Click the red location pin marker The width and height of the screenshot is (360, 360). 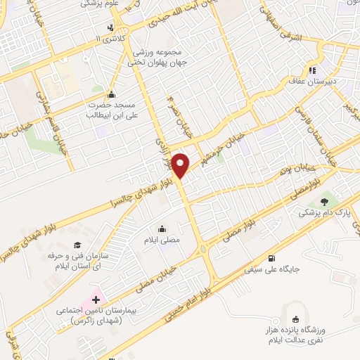coord(181,165)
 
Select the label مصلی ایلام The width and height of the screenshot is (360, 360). coord(164,240)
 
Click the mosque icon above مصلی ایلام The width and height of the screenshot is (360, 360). coord(163,228)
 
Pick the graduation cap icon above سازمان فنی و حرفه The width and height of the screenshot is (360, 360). coord(76,244)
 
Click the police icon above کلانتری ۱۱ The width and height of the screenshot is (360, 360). coord(110,28)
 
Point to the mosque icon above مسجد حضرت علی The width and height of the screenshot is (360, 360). coord(110,95)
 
